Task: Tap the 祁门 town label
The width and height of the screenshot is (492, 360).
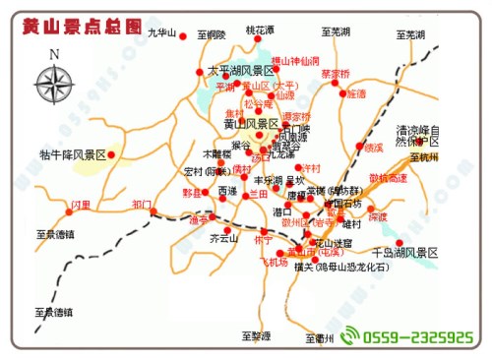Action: (x=142, y=206)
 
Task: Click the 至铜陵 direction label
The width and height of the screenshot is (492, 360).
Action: (x=212, y=34)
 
